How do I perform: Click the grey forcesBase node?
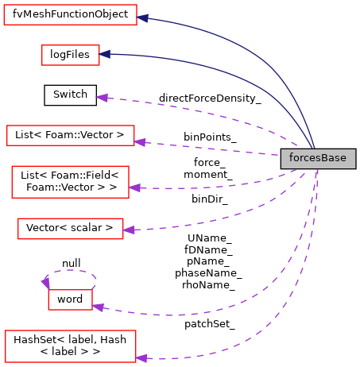(x=318, y=158)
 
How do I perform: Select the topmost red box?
(x=70, y=15)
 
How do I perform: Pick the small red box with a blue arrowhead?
(x=71, y=55)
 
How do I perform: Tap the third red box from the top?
(x=71, y=136)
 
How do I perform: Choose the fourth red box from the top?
(x=70, y=182)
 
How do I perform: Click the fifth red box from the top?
(x=71, y=229)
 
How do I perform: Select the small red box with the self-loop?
(x=70, y=299)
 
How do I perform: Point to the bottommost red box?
(x=71, y=346)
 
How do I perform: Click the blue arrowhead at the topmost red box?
(x=143, y=17)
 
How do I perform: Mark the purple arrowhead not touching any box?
(x=101, y=97)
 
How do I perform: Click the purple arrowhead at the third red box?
(x=140, y=142)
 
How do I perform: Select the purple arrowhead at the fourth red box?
(x=134, y=188)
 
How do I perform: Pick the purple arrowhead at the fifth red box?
(x=129, y=230)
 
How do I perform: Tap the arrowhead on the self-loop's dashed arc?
(x=45, y=282)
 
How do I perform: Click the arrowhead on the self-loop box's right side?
(x=98, y=307)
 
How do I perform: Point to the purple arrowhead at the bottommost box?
(x=141, y=358)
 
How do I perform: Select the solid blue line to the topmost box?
(x=238, y=41)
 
